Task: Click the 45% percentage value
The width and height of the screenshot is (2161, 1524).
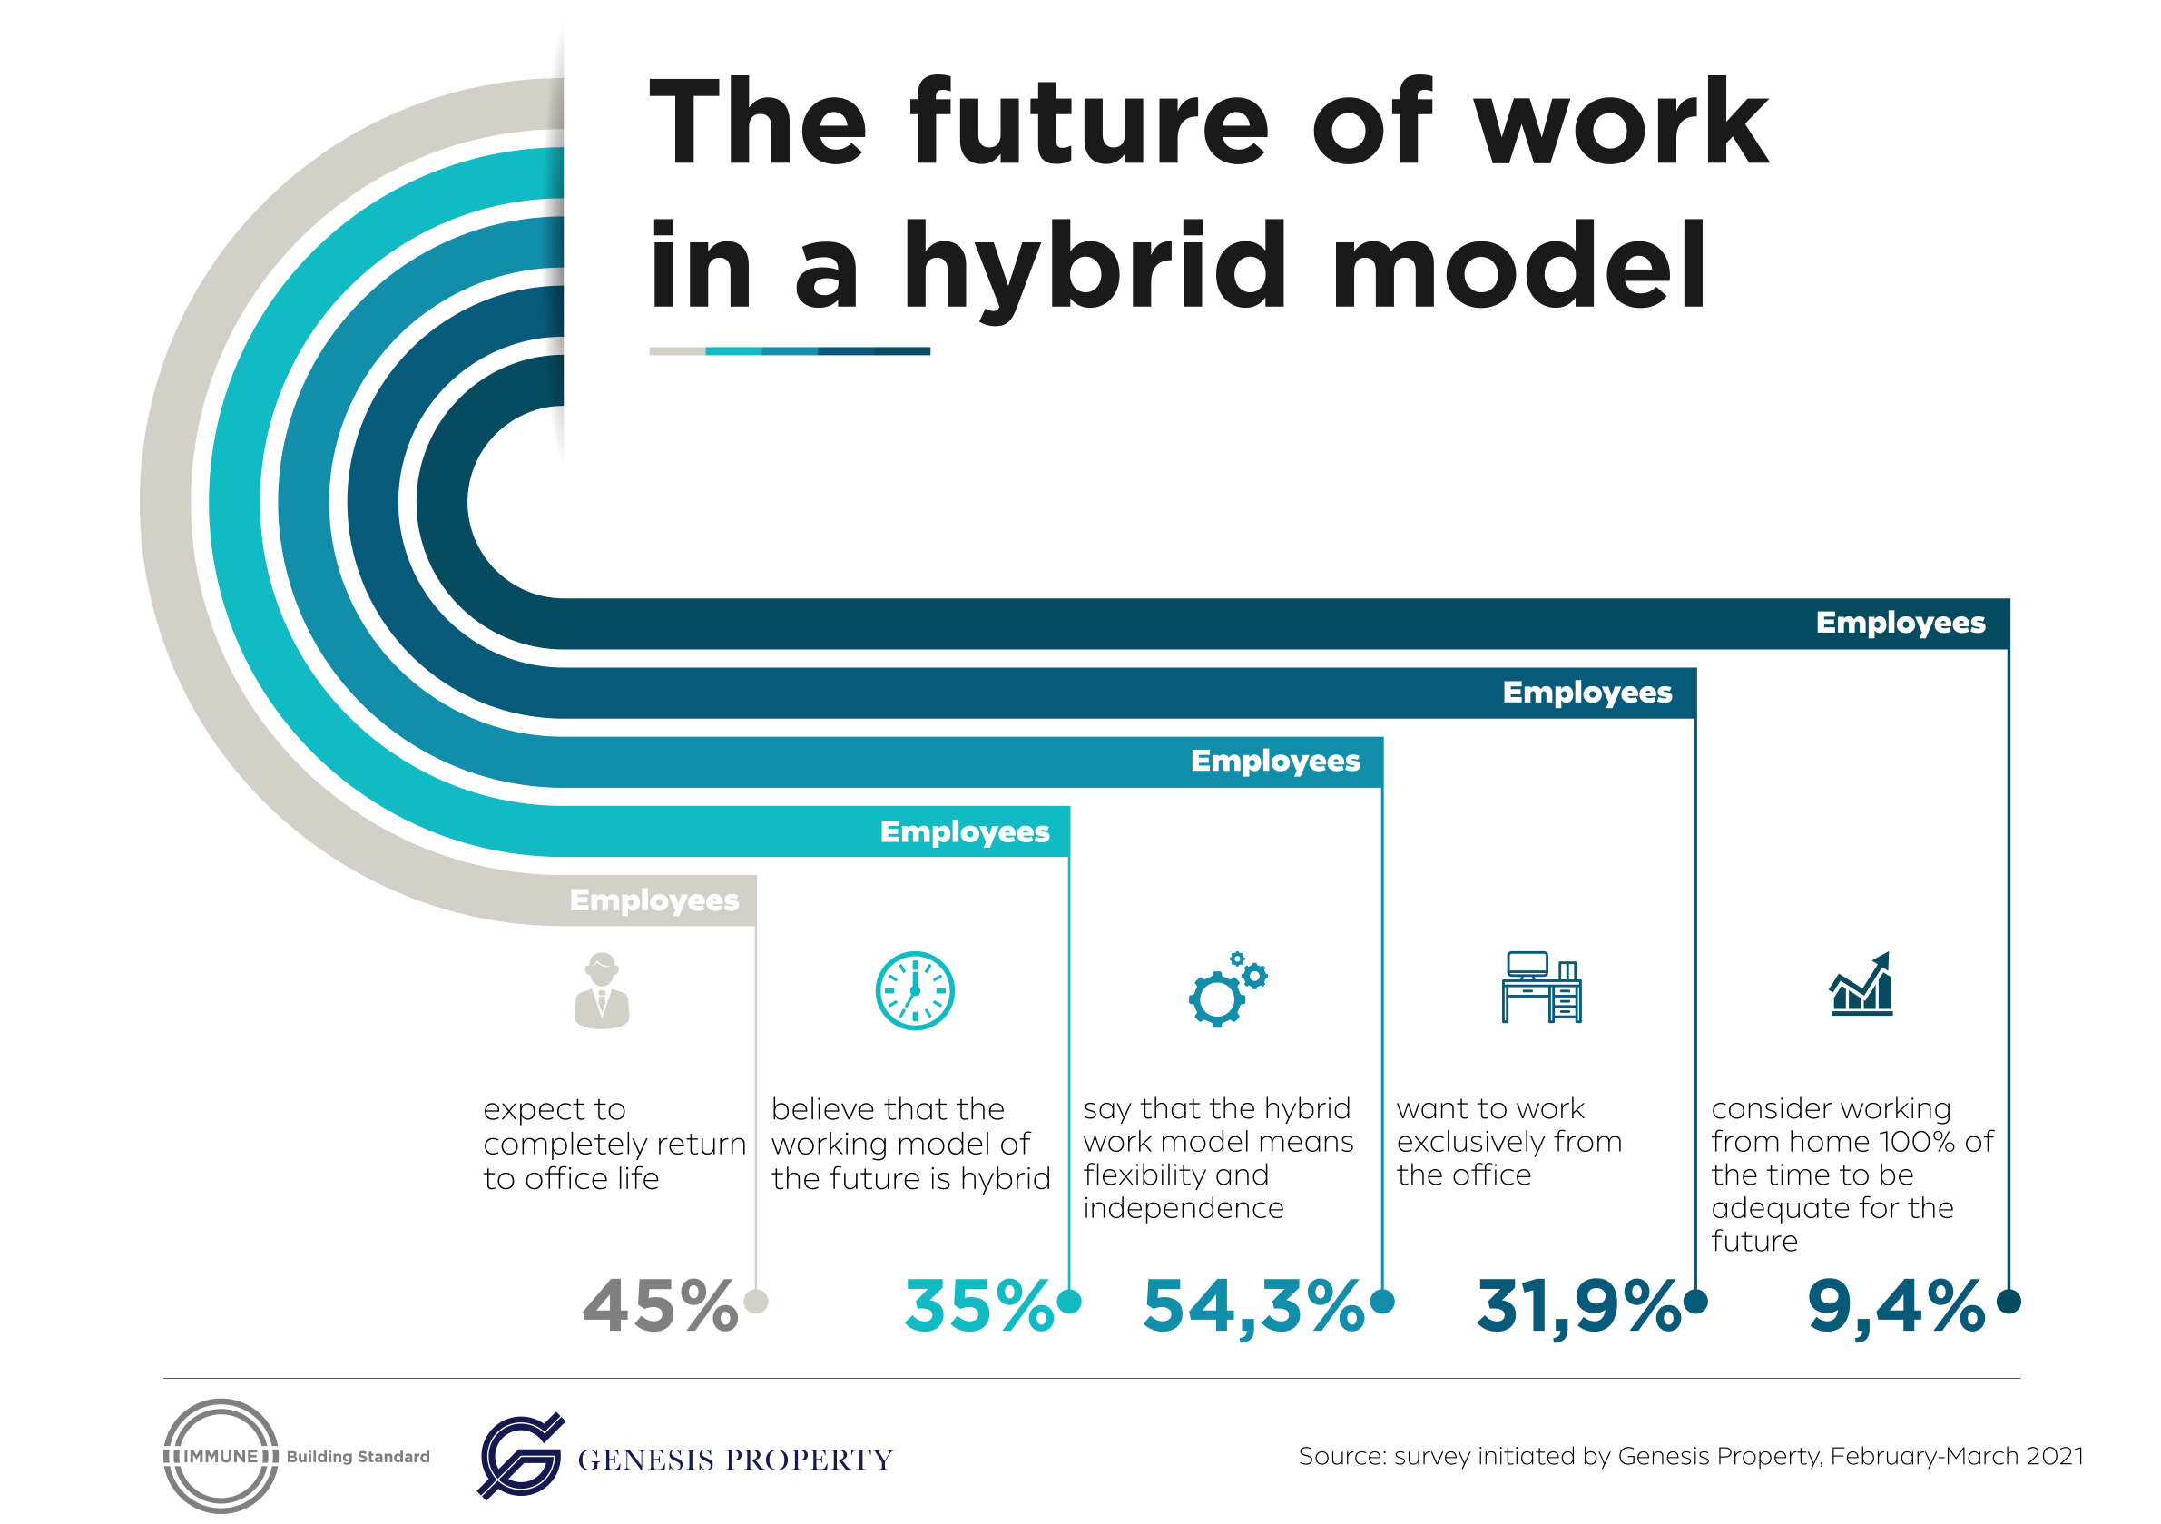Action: pyautogui.click(x=660, y=1305)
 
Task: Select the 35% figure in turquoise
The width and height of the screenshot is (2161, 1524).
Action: pyautogui.click(x=979, y=1305)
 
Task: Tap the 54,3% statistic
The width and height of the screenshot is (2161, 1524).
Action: pyautogui.click(x=1253, y=1307)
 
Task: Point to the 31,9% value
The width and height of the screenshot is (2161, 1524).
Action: pyautogui.click(x=1578, y=1307)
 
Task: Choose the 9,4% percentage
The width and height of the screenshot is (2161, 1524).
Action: pyautogui.click(x=1896, y=1307)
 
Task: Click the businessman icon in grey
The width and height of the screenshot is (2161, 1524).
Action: pyautogui.click(x=602, y=990)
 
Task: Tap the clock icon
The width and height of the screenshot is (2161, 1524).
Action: pyautogui.click(x=915, y=990)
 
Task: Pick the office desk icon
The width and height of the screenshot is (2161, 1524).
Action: pyautogui.click(x=1542, y=987)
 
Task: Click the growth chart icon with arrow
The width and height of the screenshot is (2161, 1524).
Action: pyautogui.click(x=1861, y=983)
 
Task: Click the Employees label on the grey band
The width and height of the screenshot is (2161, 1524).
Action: pyautogui.click(x=654, y=900)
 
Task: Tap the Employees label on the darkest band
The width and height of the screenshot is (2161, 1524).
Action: pyautogui.click(x=1901, y=624)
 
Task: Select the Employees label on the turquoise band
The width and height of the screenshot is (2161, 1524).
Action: pyautogui.click(x=965, y=832)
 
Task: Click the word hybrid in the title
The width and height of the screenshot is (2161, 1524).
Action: pyautogui.click(x=1095, y=269)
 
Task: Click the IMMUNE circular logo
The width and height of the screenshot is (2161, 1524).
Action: pyautogui.click(x=221, y=1456)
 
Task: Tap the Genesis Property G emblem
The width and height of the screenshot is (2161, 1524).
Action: pyautogui.click(x=520, y=1456)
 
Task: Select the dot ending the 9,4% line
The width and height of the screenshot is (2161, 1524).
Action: pyautogui.click(x=2009, y=1302)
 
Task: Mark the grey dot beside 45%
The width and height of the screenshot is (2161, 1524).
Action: pyautogui.click(x=756, y=1302)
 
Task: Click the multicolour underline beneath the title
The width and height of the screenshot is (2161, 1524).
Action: pyautogui.click(x=790, y=351)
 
